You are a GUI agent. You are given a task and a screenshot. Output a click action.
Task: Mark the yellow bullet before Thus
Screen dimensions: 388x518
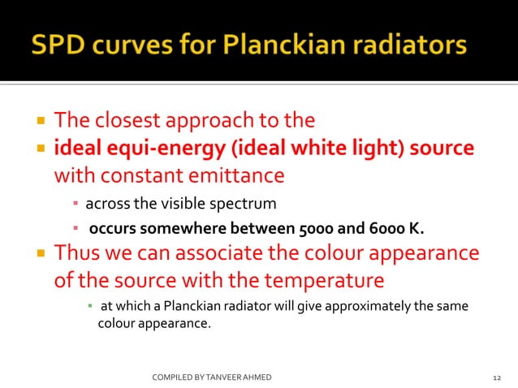(x=38, y=254)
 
